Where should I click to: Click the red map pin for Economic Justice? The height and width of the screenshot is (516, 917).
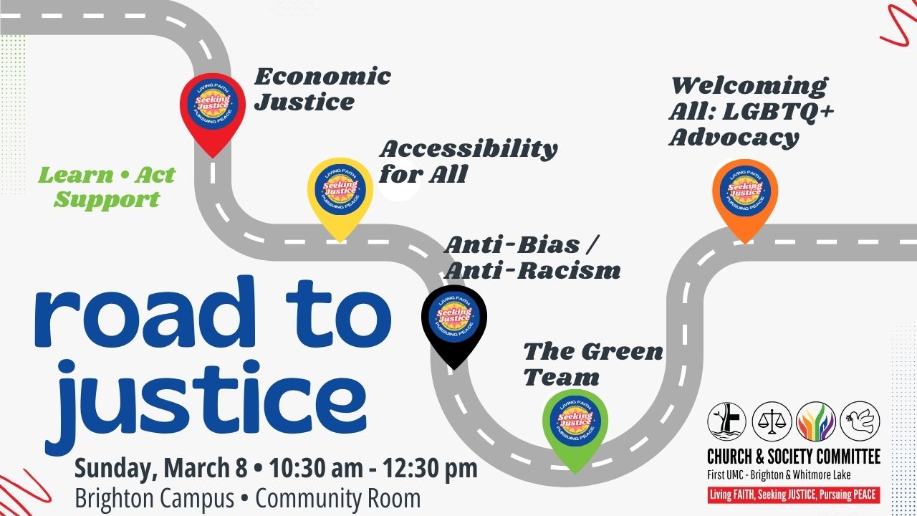(x=213, y=110)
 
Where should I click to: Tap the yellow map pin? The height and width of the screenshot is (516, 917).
(x=340, y=196)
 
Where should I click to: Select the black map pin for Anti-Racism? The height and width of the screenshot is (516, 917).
(x=454, y=323)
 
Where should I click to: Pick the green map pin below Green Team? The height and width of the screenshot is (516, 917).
(x=575, y=428)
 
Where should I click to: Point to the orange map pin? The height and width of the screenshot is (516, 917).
(x=745, y=198)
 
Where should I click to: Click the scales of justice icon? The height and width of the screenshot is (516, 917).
(x=772, y=421)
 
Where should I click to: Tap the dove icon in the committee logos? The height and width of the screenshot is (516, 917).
(x=860, y=421)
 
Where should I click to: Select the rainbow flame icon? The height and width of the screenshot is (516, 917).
(x=816, y=421)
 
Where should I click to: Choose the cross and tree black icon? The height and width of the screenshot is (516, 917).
(x=727, y=421)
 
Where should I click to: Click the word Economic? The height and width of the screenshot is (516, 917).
(x=322, y=77)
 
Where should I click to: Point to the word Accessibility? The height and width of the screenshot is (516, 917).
(x=469, y=149)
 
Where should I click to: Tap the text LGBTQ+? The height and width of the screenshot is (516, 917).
(x=778, y=112)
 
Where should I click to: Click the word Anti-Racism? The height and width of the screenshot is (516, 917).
(x=532, y=271)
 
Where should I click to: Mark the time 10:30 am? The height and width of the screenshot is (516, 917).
(x=316, y=468)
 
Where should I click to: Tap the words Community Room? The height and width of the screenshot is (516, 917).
(x=337, y=498)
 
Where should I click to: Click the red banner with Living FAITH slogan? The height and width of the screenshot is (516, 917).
(x=794, y=494)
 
